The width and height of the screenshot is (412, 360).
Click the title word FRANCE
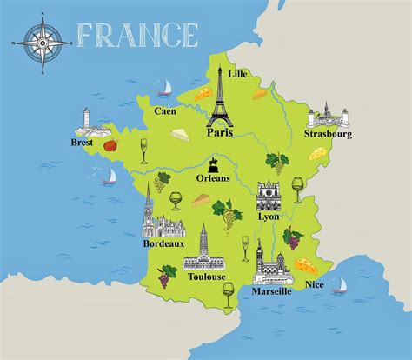point(136,36)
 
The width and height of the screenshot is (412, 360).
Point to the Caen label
point(165,110)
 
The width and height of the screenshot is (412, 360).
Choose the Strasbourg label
point(328,133)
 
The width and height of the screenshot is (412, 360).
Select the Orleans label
point(214,178)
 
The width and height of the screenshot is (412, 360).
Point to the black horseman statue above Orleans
point(211,162)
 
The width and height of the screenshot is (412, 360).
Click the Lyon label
point(269,217)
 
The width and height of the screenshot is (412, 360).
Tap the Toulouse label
point(206,277)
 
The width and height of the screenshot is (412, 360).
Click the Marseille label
point(272,291)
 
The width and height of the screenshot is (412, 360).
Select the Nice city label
point(314,284)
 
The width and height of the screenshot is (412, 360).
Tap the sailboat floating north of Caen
point(163,87)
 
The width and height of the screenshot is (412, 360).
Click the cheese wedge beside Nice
point(305,264)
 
